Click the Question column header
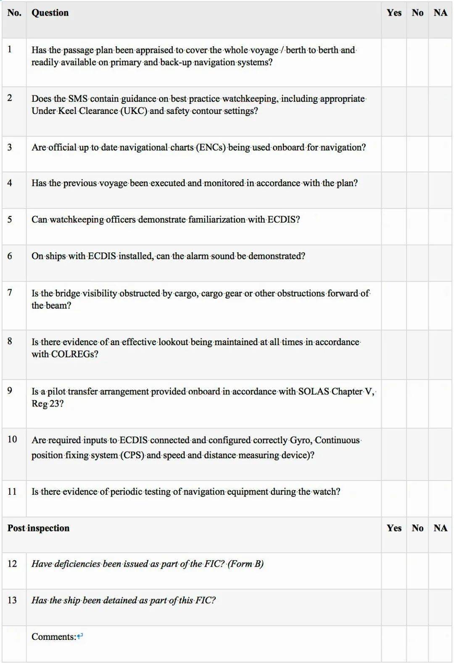tap(50, 13)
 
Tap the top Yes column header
tap(394, 13)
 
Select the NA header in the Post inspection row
tap(440, 528)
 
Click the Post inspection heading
tap(38, 528)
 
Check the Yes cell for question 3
tap(394, 153)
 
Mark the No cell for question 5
tap(417, 226)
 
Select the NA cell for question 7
tap(441, 306)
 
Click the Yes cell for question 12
tap(394, 571)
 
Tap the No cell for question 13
tap(417, 607)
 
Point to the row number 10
tap(12, 439)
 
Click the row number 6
tap(10, 256)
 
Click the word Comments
tap(53, 637)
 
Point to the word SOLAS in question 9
tap(314, 392)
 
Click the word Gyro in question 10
tap(301, 440)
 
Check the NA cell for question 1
tap(441, 62)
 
